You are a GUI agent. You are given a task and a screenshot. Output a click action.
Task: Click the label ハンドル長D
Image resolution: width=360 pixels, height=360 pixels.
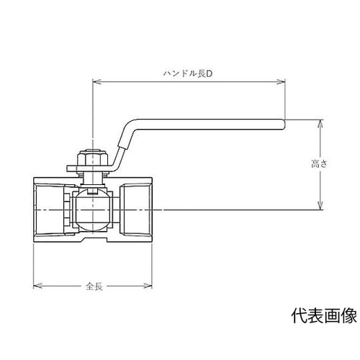tap(185, 73)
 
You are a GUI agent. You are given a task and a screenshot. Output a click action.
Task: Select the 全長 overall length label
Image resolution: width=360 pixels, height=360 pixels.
tap(94, 287)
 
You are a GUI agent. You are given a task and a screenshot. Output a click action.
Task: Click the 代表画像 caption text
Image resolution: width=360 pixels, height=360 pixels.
tap(323, 316)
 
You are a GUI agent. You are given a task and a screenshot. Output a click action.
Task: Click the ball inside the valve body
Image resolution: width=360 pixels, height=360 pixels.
tap(93, 209)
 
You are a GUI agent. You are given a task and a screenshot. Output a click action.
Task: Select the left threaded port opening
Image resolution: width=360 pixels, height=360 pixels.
tap(50, 209)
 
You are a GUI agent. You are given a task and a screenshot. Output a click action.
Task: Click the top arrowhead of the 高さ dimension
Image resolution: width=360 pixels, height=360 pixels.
tap(318, 124)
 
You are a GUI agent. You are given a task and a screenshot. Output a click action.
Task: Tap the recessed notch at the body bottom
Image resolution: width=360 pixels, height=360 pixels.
tap(93, 240)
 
